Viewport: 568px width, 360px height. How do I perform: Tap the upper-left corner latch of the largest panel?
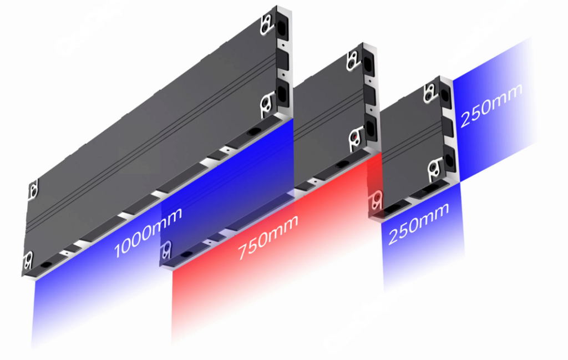[33, 190]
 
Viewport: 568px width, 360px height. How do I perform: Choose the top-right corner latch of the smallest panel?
[430, 93]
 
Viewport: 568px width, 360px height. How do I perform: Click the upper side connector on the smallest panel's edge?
[445, 94]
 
